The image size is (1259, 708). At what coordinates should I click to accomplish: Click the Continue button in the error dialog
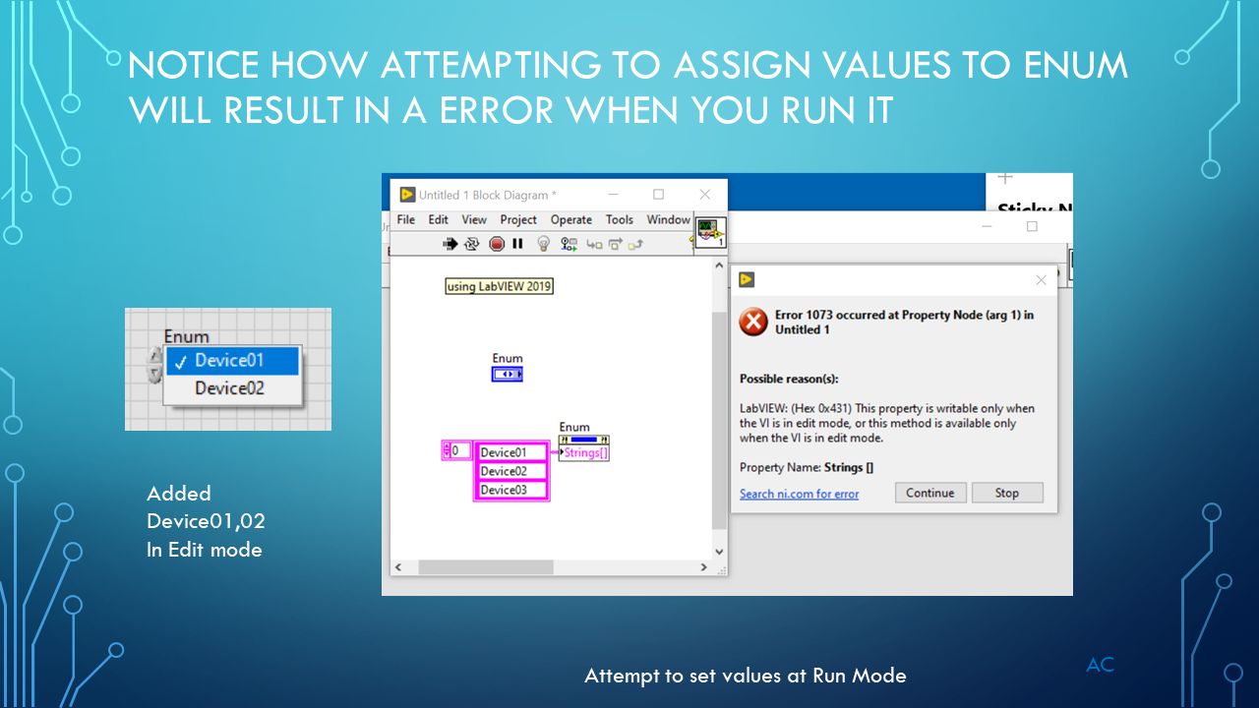(x=930, y=493)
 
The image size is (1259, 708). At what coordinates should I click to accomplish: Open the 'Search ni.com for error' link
(x=799, y=494)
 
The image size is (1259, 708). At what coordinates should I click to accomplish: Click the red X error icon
(x=753, y=322)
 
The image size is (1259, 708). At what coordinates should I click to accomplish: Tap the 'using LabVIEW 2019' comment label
(x=500, y=286)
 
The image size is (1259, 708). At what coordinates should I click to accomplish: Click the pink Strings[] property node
(x=586, y=453)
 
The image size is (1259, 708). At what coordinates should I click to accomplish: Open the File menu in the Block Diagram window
(x=406, y=219)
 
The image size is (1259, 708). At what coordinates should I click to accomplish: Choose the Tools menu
(x=619, y=219)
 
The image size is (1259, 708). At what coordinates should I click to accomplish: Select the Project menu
(x=518, y=219)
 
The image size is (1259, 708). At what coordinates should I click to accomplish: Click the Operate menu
(x=570, y=219)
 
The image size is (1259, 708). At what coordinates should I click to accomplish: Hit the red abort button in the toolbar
(x=497, y=243)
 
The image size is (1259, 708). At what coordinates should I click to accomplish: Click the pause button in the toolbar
(x=517, y=243)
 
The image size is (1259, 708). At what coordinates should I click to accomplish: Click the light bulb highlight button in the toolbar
(x=543, y=243)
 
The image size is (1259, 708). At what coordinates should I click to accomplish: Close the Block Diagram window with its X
(x=704, y=195)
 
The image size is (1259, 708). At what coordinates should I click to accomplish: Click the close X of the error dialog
(x=1042, y=280)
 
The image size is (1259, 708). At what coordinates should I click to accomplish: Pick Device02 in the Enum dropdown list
(x=229, y=388)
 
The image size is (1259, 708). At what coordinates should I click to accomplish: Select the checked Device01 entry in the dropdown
(x=229, y=360)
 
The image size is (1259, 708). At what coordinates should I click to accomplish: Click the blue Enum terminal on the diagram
(x=508, y=374)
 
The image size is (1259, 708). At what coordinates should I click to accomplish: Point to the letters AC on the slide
(x=1100, y=665)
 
